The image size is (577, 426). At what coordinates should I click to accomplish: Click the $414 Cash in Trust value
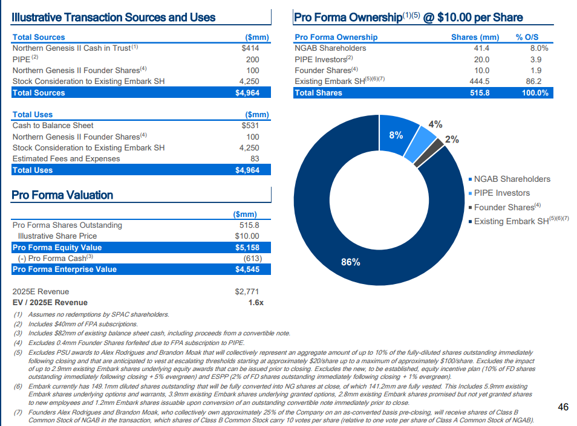pos(250,48)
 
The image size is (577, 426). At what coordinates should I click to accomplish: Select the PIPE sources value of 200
pos(252,60)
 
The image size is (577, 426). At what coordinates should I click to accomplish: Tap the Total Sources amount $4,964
pos(247,92)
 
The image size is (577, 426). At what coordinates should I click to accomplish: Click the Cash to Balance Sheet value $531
pos(250,125)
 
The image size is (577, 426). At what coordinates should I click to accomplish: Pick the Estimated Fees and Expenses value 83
pos(255,159)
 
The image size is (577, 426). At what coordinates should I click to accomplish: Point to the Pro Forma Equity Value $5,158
pos(247,247)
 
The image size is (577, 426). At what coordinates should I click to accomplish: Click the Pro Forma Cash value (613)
pos(252,259)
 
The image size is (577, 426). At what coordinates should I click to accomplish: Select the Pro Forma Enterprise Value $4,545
pos(247,269)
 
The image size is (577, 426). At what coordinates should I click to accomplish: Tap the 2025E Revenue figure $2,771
pos(247,291)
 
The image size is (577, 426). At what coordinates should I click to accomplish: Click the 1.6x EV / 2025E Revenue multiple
pos(256,303)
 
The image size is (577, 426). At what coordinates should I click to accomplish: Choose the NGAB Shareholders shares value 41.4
pos(481,48)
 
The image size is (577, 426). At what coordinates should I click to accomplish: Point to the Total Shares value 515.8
pos(480,92)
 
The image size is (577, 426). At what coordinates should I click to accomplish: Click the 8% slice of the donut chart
pos(397,135)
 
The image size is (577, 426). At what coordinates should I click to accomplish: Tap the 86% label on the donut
pos(351,262)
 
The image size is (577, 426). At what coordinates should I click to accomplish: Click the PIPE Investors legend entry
pos(500,193)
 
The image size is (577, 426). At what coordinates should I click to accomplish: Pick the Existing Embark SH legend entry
pos(519,221)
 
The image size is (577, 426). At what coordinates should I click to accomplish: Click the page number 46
pos(563,407)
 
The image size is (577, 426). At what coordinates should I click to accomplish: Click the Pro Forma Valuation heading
pos(62,195)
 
